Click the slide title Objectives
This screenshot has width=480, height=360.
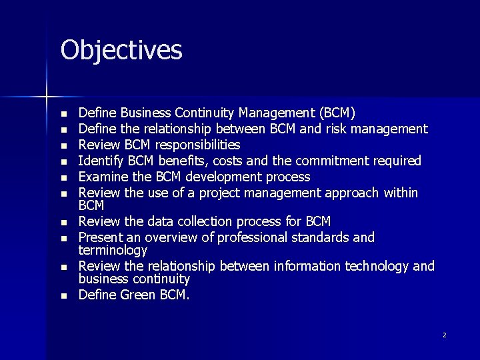[121, 50]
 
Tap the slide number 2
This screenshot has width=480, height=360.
[445, 335]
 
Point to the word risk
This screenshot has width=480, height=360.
[337, 128]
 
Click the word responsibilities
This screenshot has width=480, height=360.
[198, 145]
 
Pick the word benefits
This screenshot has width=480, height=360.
[175, 161]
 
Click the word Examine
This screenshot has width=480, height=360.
[100, 177]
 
